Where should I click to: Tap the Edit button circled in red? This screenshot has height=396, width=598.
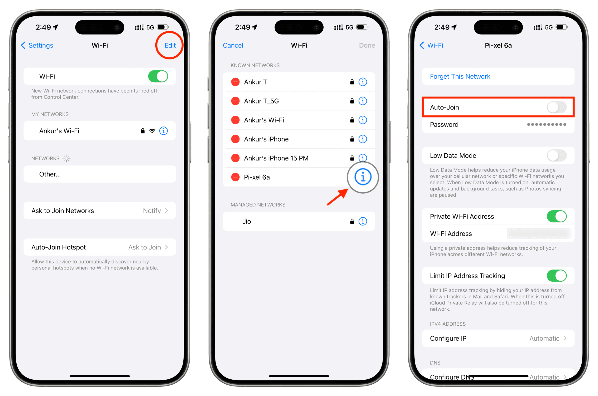pos(170,45)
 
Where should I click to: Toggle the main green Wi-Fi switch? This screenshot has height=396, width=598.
pos(158,76)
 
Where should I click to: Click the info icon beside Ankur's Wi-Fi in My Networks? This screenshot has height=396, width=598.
pos(163,131)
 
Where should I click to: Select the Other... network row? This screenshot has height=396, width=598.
pos(100,174)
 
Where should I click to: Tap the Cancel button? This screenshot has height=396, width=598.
pos(233,45)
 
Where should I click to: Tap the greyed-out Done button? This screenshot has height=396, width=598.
pos(367,45)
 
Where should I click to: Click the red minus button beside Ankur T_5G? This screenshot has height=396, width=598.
pos(235,101)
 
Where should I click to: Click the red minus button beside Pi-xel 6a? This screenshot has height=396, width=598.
pos(235,177)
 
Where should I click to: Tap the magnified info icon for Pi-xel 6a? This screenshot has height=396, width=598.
pos(363,177)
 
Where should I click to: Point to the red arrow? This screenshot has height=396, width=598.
pos(337,197)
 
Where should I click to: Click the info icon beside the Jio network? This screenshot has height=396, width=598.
pos(363,221)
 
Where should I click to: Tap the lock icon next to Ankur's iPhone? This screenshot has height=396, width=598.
pos(352,139)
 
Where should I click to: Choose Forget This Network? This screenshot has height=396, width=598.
pos(460,76)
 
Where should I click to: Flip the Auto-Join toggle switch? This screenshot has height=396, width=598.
pos(556,107)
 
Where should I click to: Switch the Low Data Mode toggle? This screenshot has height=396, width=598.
pos(556,156)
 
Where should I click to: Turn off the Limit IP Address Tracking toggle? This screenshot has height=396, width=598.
pos(556,275)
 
